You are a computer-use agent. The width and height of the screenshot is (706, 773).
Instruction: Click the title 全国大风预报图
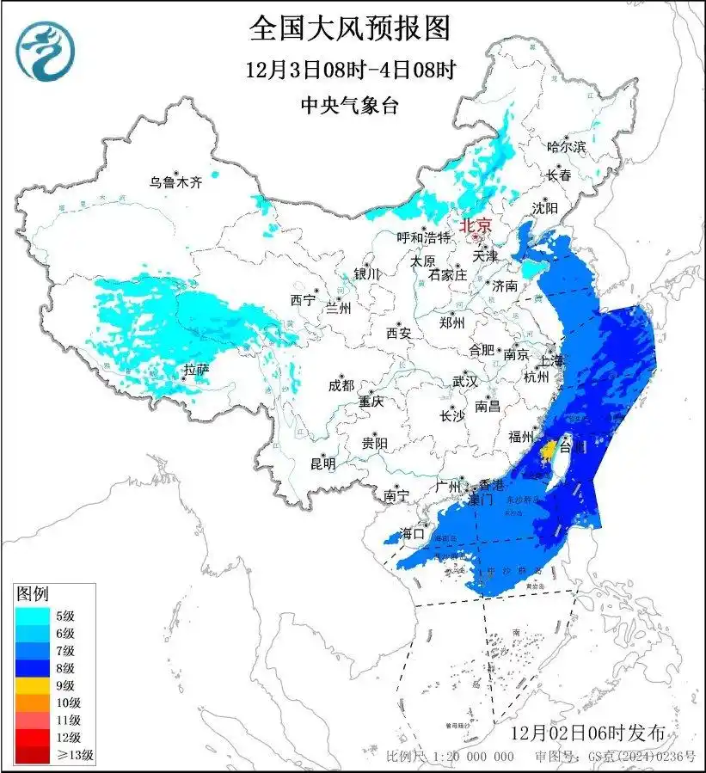click(x=350, y=28)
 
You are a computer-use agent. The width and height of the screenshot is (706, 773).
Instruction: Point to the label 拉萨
click(x=196, y=371)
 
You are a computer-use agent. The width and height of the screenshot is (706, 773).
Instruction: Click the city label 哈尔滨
click(x=566, y=147)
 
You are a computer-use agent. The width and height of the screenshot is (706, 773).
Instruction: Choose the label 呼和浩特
click(x=423, y=237)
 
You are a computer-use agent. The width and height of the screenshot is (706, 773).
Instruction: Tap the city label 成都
click(x=341, y=386)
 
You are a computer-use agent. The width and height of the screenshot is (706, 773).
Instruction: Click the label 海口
click(x=412, y=534)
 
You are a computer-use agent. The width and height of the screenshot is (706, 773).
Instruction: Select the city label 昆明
click(x=323, y=463)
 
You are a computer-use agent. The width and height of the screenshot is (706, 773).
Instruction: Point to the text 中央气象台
click(x=350, y=106)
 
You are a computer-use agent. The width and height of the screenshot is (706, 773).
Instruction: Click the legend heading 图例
click(x=34, y=593)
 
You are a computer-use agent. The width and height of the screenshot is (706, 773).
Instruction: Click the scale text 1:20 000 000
click(x=470, y=757)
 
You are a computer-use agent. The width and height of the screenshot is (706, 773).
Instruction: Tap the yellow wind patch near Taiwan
click(x=547, y=450)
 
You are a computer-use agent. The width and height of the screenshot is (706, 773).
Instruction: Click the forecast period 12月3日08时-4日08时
click(x=350, y=70)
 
